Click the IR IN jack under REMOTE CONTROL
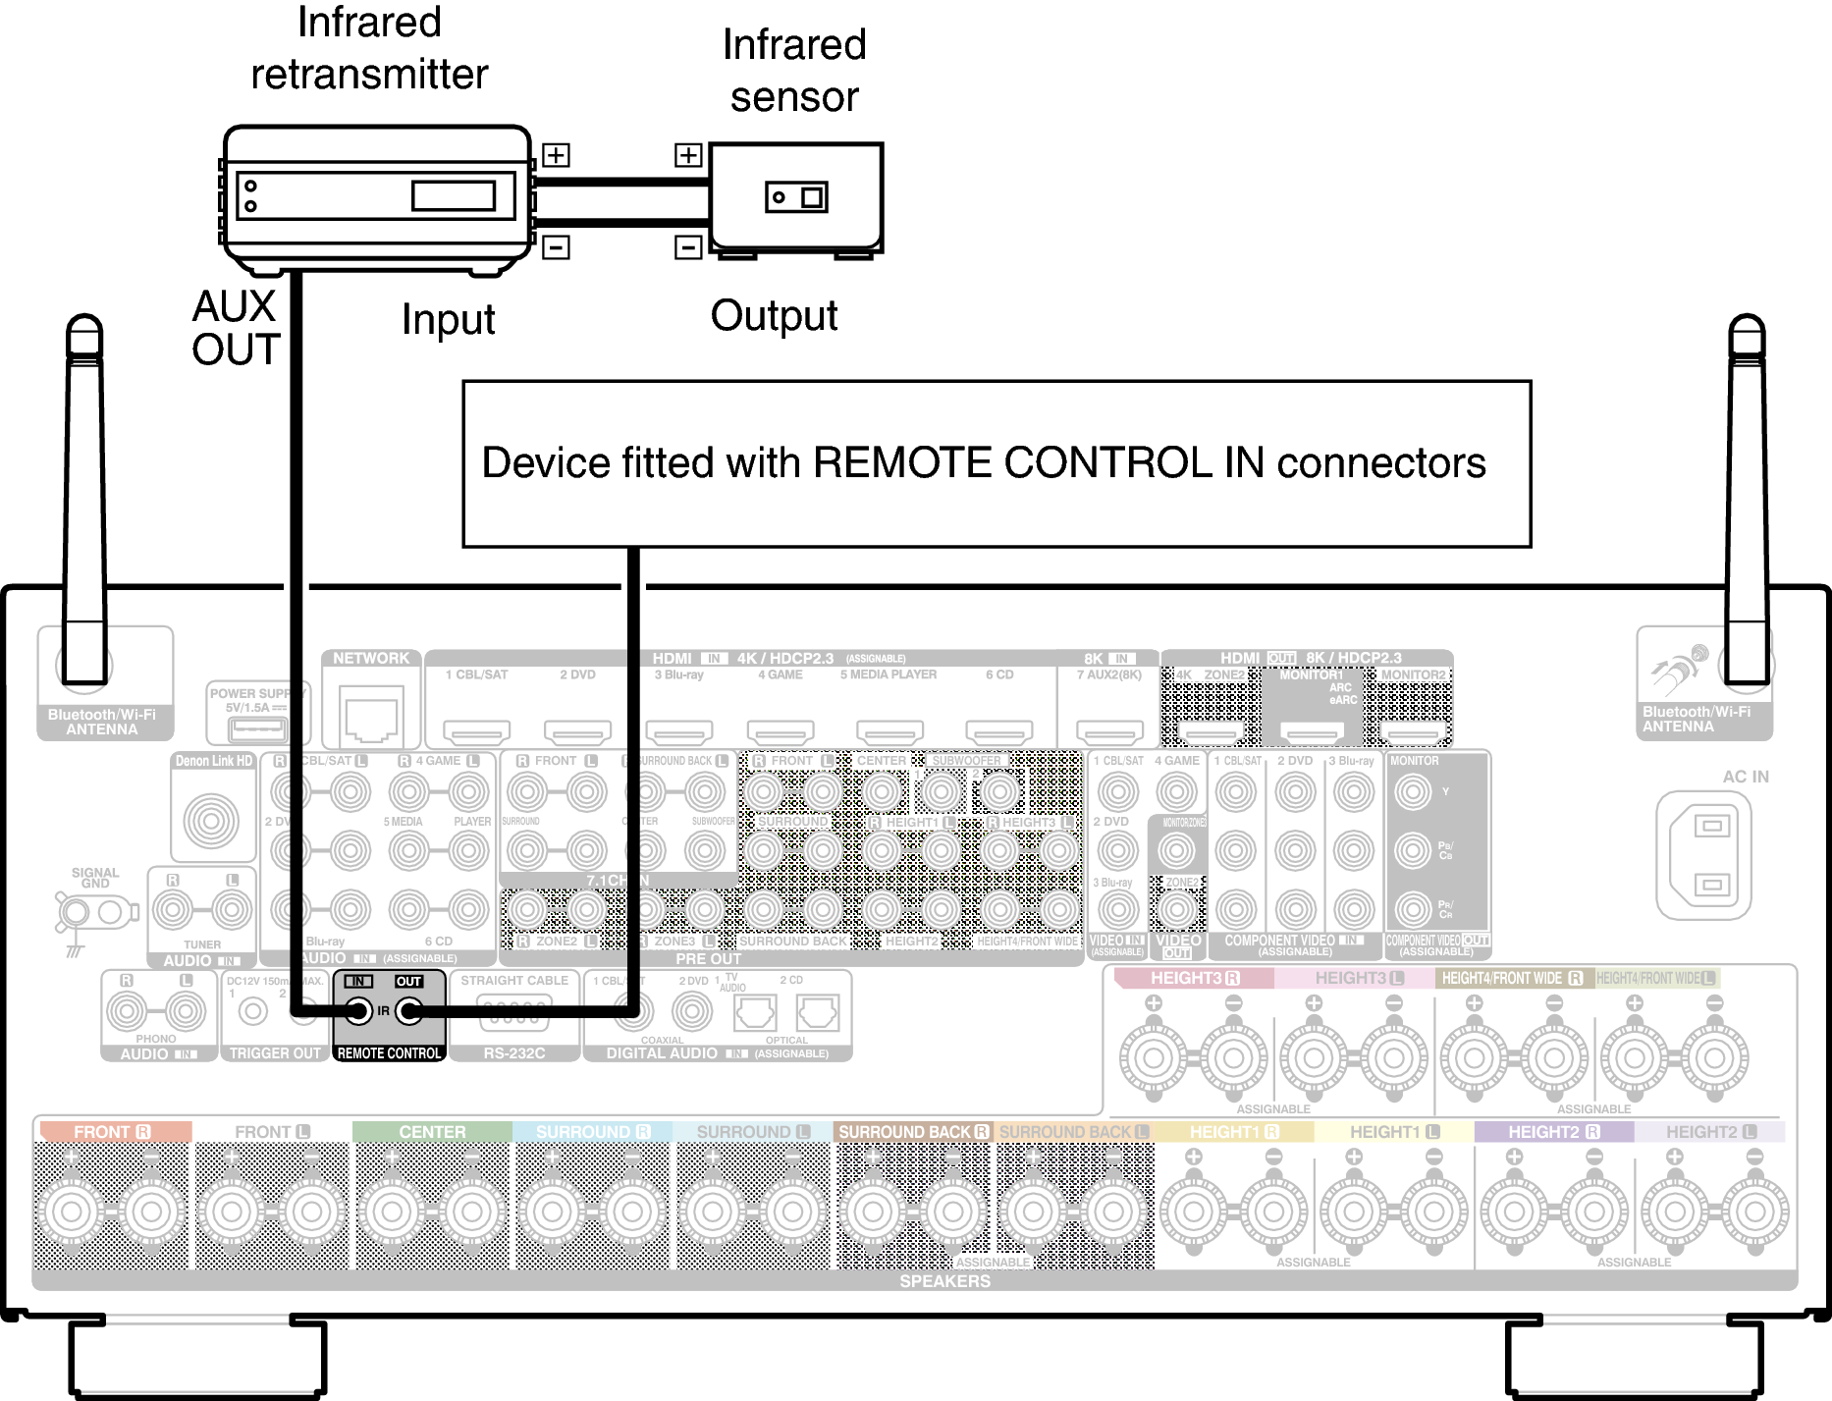(x=359, y=1011)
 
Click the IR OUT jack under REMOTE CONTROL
(x=408, y=1011)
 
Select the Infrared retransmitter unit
(x=376, y=195)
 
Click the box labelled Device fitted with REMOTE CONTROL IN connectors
(x=996, y=463)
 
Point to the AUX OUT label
(x=236, y=328)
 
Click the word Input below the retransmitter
(x=448, y=320)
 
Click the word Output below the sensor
(x=774, y=316)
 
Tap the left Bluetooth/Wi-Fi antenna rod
(x=84, y=491)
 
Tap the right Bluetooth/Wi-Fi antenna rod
(x=1747, y=491)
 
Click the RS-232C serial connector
(x=513, y=1014)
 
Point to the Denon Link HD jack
(x=211, y=821)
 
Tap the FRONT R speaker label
(x=112, y=1132)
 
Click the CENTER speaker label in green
(x=432, y=1132)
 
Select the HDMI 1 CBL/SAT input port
(x=477, y=731)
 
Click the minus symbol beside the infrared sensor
(x=688, y=247)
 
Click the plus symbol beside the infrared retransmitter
(x=556, y=155)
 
